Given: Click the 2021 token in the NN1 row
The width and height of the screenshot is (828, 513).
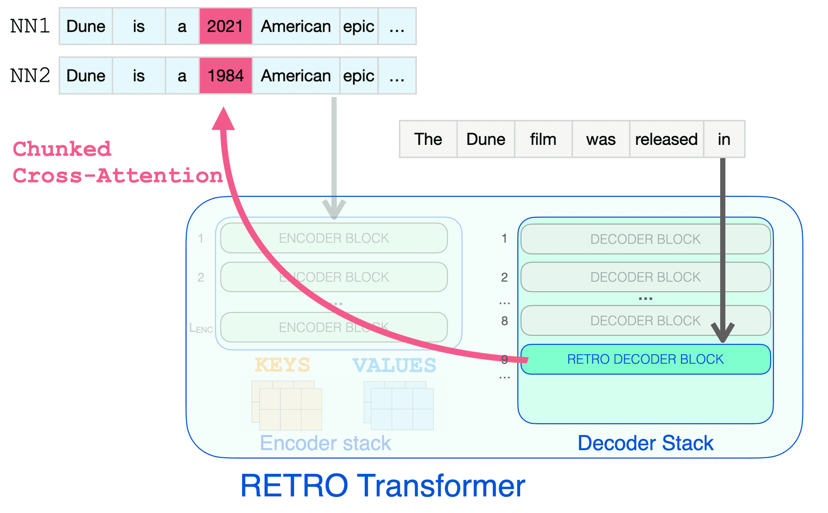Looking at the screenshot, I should [x=225, y=26].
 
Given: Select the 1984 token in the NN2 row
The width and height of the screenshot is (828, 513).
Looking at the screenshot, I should [x=225, y=76].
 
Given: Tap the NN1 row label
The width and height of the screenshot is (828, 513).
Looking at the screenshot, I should [x=30, y=26].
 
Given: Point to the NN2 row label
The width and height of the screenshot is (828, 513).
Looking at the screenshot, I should [x=30, y=76].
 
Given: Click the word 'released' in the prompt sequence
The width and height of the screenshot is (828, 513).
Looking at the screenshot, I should [x=666, y=139].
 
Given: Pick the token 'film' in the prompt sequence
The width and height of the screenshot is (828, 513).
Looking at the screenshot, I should [x=543, y=139].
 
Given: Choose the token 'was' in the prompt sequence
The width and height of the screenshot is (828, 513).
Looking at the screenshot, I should [x=601, y=139].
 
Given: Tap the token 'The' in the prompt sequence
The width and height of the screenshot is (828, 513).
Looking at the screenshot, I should [x=428, y=139].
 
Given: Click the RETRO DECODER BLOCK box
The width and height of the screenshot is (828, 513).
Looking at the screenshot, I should [x=645, y=359].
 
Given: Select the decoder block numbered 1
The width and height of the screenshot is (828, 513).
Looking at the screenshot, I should [x=645, y=239].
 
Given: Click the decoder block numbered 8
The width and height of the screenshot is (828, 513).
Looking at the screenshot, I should [x=645, y=320].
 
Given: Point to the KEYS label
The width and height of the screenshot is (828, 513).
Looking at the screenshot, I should [x=282, y=365].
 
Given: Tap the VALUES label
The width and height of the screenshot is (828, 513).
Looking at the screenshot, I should [x=394, y=365].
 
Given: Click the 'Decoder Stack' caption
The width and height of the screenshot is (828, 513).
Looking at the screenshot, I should [x=645, y=443].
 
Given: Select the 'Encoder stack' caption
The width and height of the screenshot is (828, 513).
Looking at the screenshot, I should [x=325, y=443].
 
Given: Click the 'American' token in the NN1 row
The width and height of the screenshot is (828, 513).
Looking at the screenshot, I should [x=296, y=26].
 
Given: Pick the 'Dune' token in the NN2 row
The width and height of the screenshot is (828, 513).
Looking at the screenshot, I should [x=86, y=76].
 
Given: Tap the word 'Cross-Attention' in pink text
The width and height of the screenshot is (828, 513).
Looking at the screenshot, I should [x=117, y=176].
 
